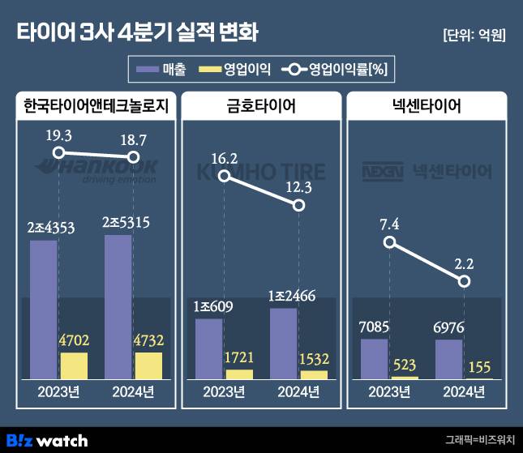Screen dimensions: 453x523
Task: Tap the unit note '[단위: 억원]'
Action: pyautogui.click(x=474, y=35)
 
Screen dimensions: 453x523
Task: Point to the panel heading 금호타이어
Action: pyautogui.click(x=261, y=106)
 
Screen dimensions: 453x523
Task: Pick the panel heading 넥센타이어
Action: pyautogui.click(x=427, y=106)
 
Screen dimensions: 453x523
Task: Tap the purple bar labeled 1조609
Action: pyautogui.click(x=208, y=349)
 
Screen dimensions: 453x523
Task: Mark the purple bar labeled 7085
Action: pyautogui.click(x=374, y=359)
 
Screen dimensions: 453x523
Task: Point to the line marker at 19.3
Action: pyautogui.click(x=58, y=152)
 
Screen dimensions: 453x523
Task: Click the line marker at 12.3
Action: pyautogui.click(x=298, y=206)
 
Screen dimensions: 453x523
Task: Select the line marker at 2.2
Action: pyautogui.click(x=464, y=280)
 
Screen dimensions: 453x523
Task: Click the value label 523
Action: pyautogui.click(x=405, y=365)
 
